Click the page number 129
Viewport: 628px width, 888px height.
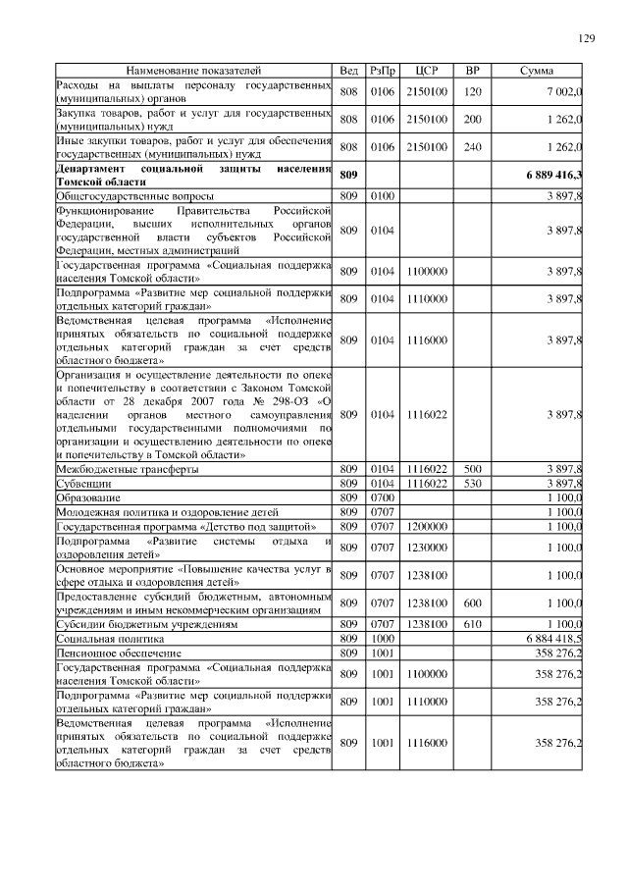point(586,38)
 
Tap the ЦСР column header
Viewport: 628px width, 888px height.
point(426,71)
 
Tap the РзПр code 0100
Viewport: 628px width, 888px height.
point(381,196)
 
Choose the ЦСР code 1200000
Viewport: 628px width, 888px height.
point(426,526)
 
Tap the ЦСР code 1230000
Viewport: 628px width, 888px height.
point(426,547)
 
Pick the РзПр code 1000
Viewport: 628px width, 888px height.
point(381,637)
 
